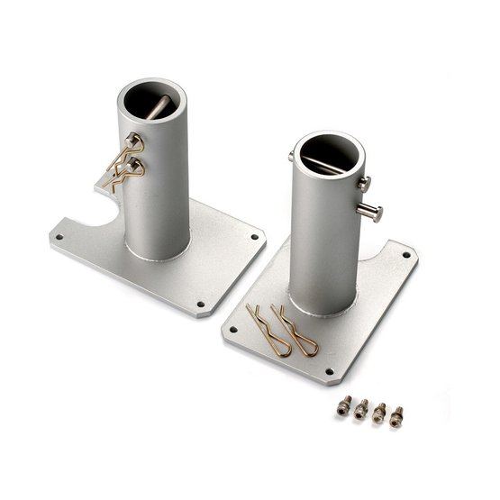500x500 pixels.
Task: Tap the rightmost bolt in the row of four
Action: [x=396, y=415]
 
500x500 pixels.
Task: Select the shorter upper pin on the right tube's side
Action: [x=363, y=184]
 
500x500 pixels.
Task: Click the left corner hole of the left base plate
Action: [x=59, y=237]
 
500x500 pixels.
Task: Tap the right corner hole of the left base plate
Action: [x=254, y=237]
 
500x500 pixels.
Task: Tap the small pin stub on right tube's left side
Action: [x=291, y=157]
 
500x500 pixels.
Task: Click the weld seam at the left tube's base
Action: [x=158, y=258]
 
